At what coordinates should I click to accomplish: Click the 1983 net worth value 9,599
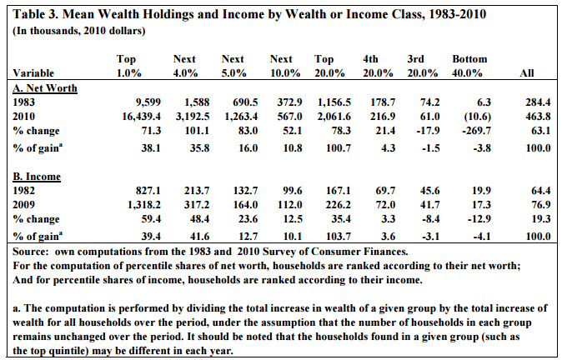(148, 102)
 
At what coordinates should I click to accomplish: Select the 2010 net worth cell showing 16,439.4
(142, 117)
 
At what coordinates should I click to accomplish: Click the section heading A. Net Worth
(45, 88)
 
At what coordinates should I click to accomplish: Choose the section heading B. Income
(37, 177)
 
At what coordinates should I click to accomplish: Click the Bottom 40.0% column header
(469, 66)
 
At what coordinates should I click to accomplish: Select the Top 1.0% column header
(129, 66)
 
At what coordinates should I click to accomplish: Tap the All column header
(527, 73)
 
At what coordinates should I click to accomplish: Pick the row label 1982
(23, 191)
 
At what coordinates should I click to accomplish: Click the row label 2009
(23, 204)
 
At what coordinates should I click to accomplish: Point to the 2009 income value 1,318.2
(144, 204)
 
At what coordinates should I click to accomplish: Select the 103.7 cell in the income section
(339, 237)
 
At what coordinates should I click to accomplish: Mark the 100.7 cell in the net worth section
(339, 148)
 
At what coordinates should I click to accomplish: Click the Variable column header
(33, 73)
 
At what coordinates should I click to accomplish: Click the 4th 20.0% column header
(378, 66)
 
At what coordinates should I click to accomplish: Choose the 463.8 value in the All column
(538, 117)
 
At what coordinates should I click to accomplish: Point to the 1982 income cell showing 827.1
(148, 191)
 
